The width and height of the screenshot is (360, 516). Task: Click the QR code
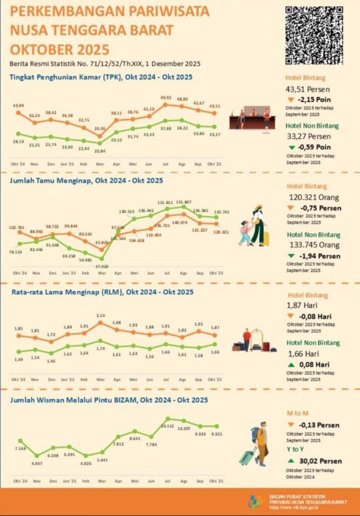click(x=314, y=35)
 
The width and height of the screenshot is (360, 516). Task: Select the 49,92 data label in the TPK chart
click(x=166, y=98)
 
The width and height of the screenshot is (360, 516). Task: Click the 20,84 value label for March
click(x=100, y=151)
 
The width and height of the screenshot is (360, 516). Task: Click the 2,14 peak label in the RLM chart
click(x=101, y=315)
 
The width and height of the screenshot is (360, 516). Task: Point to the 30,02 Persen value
click(x=323, y=461)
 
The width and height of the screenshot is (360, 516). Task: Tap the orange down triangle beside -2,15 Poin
click(x=292, y=100)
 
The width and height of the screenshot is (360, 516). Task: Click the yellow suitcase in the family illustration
click(x=266, y=238)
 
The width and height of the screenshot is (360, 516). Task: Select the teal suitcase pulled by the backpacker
click(x=247, y=457)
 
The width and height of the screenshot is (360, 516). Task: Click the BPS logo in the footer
click(x=257, y=501)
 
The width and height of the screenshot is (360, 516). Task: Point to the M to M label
click(x=297, y=413)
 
